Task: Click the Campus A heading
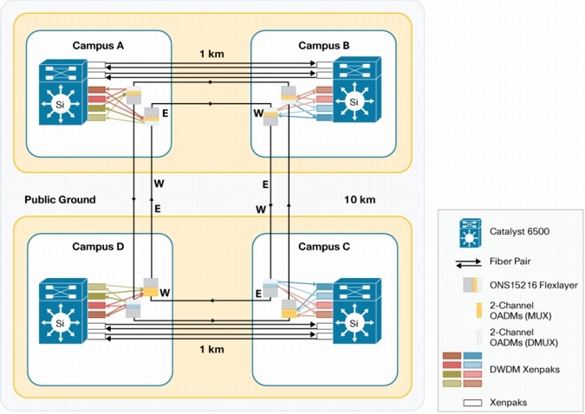tap(98, 45)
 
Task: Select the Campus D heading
tap(98, 247)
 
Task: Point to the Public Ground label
tap(61, 199)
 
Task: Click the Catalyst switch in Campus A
tap(61, 94)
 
